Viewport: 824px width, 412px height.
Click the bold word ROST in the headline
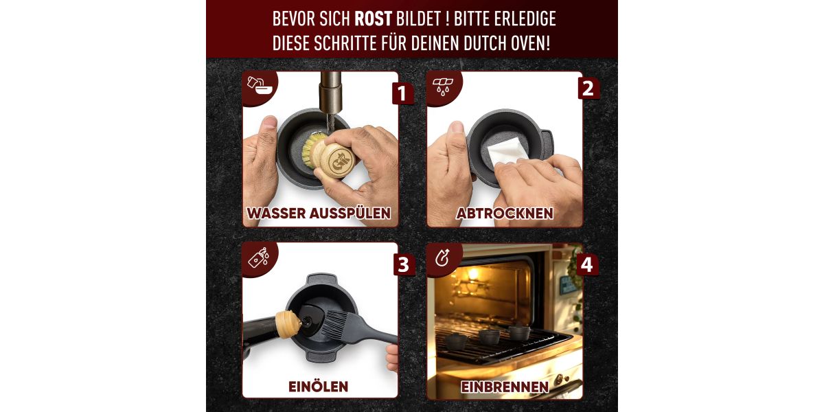(373, 19)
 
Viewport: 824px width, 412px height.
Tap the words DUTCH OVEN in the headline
(507, 43)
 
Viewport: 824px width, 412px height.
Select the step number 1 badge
(402, 93)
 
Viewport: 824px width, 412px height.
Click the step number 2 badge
(588, 89)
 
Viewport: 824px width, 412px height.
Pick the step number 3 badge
(404, 264)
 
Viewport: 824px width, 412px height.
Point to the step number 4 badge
(587, 264)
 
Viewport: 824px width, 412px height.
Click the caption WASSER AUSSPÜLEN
(319, 213)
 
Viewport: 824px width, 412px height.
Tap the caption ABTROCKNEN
(504, 214)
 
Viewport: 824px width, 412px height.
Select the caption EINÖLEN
(318, 386)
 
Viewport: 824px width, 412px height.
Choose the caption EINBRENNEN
(505, 387)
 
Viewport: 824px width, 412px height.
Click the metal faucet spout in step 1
(330, 92)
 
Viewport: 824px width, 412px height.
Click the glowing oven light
(473, 273)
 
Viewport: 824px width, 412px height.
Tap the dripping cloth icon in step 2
(443, 86)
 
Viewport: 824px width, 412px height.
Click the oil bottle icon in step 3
(259, 257)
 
